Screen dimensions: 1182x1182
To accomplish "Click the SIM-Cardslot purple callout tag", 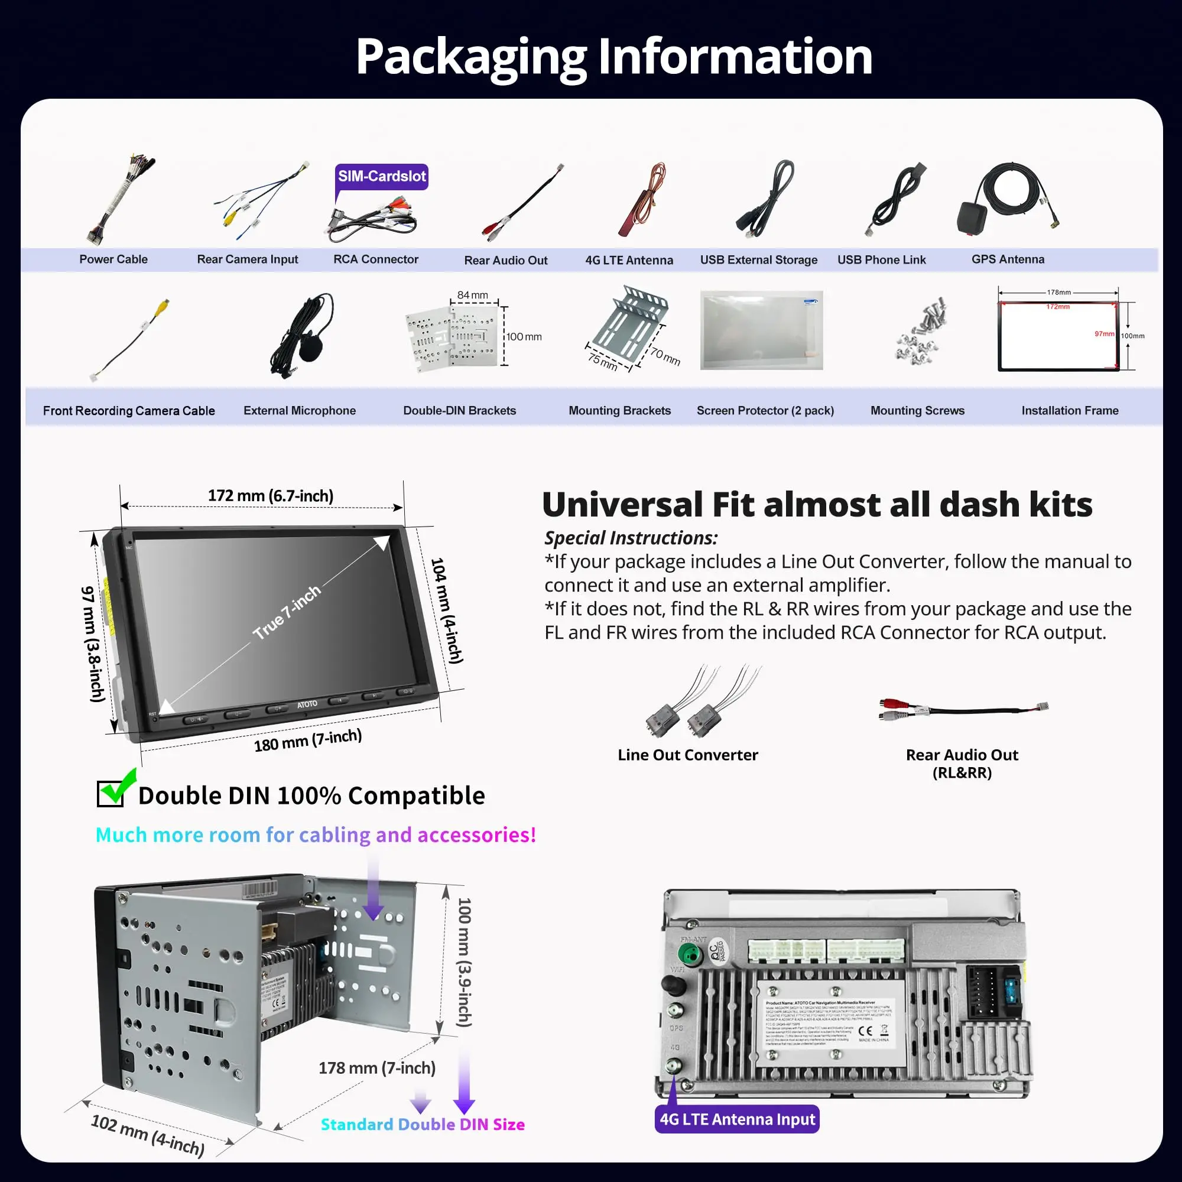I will pyautogui.click(x=382, y=177).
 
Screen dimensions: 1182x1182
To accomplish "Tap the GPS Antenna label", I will pyautogui.click(x=1008, y=259).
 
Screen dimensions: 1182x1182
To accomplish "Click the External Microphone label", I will pyautogui.click(x=299, y=411).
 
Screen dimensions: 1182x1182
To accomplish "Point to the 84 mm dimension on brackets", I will pyautogui.click(x=473, y=295).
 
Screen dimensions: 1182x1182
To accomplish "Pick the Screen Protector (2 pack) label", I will pyautogui.click(x=765, y=411).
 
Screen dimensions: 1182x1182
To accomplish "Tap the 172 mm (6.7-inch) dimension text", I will pyautogui.click(x=271, y=496).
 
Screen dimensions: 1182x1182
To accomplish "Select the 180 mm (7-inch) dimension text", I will pyautogui.click(x=308, y=740).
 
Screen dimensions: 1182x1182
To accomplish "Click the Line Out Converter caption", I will pyautogui.click(x=688, y=755).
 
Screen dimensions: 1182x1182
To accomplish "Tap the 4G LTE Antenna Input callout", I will pyautogui.click(x=736, y=1119).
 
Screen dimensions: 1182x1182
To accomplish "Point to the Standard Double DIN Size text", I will pyautogui.click(x=423, y=1125).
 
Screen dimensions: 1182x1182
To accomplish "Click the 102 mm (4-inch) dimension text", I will pyautogui.click(x=147, y=1135).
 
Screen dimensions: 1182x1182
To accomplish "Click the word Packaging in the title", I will pyautogui.click(x=471, y=57).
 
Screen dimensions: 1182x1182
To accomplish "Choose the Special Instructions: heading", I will pyautogui.click(x=631, y=538).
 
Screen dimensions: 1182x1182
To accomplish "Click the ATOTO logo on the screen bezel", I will pyautogui.click(x=307, y=704).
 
